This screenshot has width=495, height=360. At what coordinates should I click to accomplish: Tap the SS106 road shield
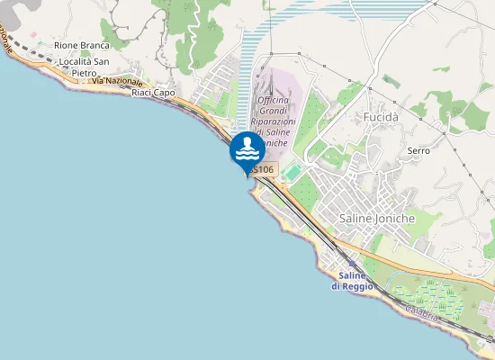[x=262, y=169]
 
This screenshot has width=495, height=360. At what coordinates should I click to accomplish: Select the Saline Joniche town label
[x=377, y=218]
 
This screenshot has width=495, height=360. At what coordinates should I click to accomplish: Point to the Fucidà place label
[x=381, y=117]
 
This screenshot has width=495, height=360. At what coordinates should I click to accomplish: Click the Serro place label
[x=418, y=150]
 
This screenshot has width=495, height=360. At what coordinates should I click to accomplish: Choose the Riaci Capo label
[x=152, y=93]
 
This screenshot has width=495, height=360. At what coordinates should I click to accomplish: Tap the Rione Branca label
[x=81, y=45]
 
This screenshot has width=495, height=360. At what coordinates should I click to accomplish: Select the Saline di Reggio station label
[x=346, y=281]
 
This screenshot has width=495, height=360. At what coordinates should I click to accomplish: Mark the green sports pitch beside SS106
[x=292, y=171]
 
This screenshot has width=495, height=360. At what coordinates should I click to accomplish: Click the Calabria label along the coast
[x=421, y=311]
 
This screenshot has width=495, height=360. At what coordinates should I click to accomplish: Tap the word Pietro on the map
[x=84, y=73]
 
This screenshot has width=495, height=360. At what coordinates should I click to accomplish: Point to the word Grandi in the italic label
[x=272, y=112]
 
